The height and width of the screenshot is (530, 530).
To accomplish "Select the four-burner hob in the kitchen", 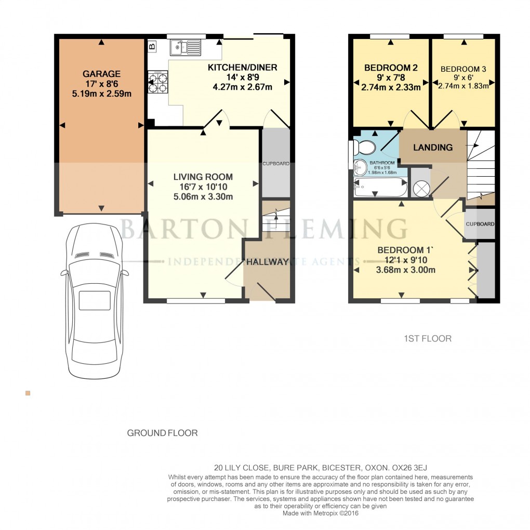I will [158, 82].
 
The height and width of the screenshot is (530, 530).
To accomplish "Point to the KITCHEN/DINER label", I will [242, 68].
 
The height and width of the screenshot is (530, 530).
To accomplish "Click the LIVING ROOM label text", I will [203, 177].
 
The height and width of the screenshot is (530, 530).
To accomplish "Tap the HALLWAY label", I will [267, 262].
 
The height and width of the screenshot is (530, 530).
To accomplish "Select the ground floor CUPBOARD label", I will [275, 164].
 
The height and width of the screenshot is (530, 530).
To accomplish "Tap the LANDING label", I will [432, 148].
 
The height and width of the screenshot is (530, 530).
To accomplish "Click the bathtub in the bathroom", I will [379, 188].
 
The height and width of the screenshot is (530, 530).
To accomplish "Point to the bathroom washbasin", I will [360, 167].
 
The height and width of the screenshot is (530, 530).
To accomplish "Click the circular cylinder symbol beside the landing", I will [421, 188].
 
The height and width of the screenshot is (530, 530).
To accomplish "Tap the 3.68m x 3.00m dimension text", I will [406, 270].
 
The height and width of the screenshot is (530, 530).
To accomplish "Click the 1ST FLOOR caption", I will [427, 338].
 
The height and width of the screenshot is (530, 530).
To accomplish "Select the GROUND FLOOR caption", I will [162, 433].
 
